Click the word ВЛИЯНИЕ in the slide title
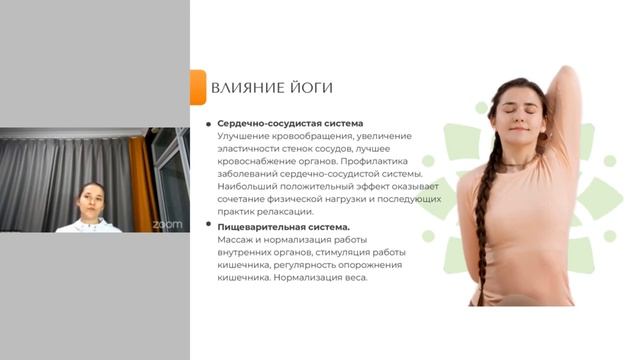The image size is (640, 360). pyautogui.click(x=245, y=88)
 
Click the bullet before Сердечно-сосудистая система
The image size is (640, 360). pyautogui.click(x=208, y=124)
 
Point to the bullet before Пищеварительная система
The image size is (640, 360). pyautogui.click(x=208, y=226)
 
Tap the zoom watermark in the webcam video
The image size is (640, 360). pyautogui.click(x=167, y=224)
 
